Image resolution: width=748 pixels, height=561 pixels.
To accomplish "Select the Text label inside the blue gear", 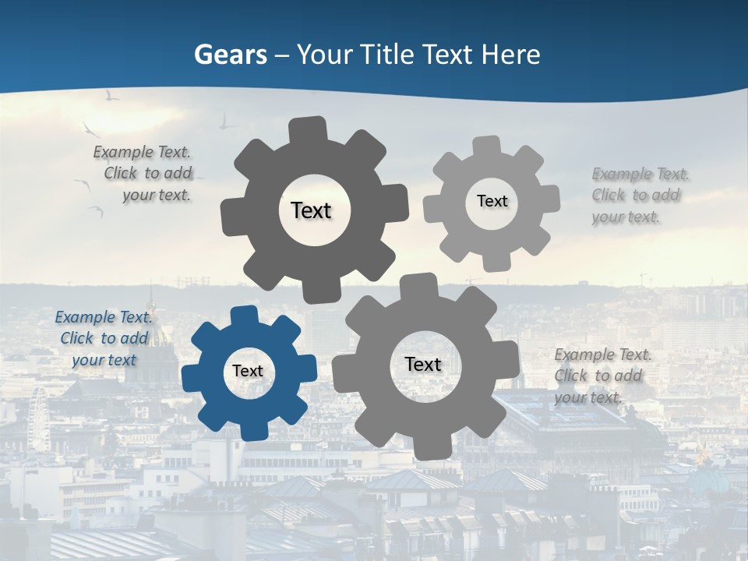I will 248,371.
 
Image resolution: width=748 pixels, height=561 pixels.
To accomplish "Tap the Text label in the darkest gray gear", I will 311,210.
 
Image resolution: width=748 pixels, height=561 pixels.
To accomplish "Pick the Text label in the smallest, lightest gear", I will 492,201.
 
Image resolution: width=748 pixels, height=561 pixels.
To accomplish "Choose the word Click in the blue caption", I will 77,338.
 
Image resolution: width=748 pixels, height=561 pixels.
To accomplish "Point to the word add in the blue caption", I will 135,338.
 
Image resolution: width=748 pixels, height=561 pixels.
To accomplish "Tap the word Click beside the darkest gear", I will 121,173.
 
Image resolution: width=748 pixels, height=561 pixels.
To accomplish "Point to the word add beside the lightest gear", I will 666,195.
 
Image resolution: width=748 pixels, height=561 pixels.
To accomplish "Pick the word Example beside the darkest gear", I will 123,152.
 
